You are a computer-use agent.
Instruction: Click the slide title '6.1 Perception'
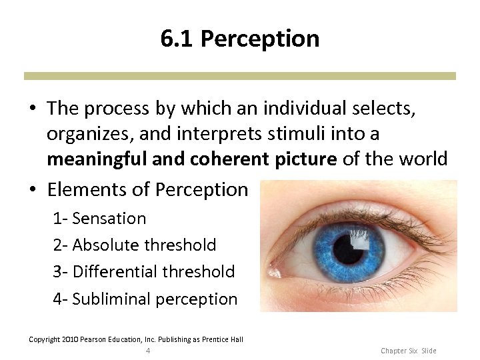pos(240,39)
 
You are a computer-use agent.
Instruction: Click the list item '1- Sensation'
pos(99,218)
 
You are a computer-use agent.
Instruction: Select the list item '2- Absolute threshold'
pos(135,245)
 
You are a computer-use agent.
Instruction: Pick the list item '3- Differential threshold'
pos(144,271)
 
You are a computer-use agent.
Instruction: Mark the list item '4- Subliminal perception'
pos(145,299)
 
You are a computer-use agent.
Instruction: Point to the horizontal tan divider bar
pos(240,76)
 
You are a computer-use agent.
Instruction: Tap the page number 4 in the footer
pos(148,351)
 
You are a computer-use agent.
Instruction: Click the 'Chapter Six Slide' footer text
pos(408,351)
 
